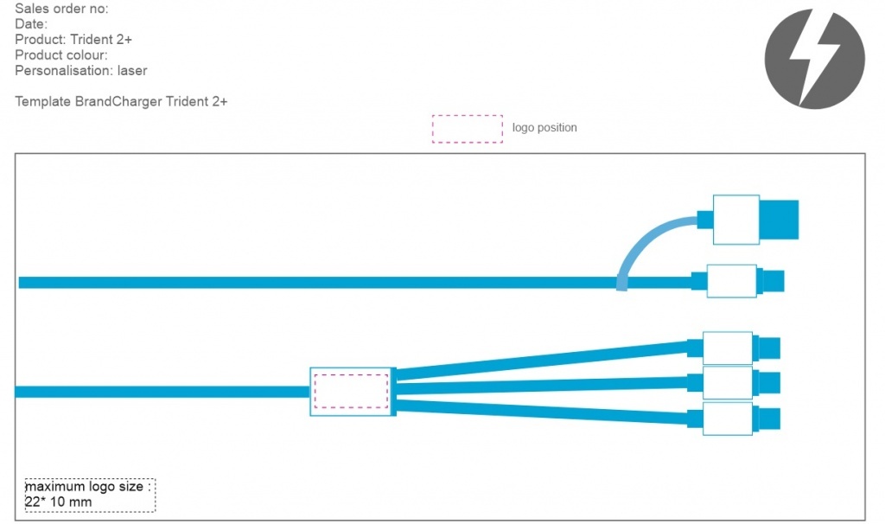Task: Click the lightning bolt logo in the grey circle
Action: [814, 59]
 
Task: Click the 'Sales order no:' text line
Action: [61, 10]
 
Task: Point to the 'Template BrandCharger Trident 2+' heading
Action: [121, 101]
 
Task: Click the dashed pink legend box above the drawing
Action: [468, 128]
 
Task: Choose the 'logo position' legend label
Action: [544, 128]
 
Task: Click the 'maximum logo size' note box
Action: [90, 495]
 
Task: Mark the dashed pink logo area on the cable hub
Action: [351, 390]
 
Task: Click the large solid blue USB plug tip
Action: [779, 220]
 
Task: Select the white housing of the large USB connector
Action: [735, 220]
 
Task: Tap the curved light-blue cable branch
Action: [650, 241]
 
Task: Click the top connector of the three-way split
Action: [728, 348]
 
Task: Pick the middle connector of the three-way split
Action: [728, 381]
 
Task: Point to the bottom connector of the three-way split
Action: [728, 419]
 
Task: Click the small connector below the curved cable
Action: [732, 281]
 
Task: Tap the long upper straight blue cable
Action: [311, 283]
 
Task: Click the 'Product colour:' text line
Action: [61, 55]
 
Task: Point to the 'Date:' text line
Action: [31, 24]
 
